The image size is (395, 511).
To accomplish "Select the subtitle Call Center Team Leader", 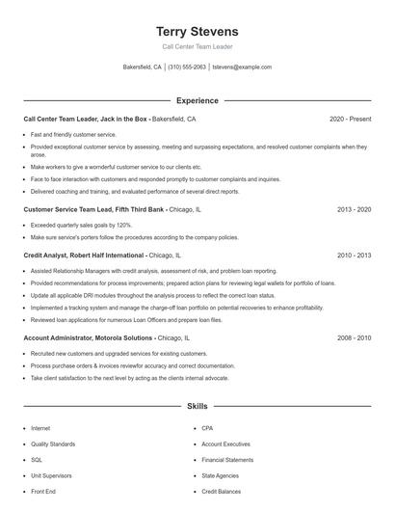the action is pyautogui.click(x=197, y=46).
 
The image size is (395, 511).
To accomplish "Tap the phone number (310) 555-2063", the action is pyautogui.click(x=187, y=67).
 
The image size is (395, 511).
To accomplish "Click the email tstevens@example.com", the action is pyautogui.click(x=242, y=67).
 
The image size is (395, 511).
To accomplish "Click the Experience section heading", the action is pyautogui.click(x=197, y=100).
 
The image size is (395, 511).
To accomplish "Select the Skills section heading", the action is pyautogui.click(x=197, y=407).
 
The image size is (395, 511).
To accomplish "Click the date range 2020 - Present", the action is pyautogui.click(x=350, y=120).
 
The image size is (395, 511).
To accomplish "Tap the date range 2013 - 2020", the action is pyautogui.click(x=354, y=209).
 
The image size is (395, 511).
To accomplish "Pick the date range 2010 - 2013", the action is pyautogui.click(x=354, y=255).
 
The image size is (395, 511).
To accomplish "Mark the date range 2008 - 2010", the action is pyautogui.click(x=354, y=338).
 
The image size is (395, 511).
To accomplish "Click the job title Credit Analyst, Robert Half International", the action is pyautogui.click(x=84, y=255).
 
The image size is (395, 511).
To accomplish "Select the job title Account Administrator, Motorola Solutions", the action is pyautogui.click(x=88, y=338).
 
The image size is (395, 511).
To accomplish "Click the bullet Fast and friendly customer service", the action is pyautogui.click(x=73, y=134).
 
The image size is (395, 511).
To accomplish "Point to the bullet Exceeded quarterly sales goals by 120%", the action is pyautogui.click(x=81, y=225).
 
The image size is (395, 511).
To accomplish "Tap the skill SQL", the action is pyautogui.click(x=37, y=460).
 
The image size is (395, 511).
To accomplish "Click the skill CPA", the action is pyautogui.click(x=207, y=428).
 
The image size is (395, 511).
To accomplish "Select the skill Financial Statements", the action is pyautogui.click(x=227, y=460).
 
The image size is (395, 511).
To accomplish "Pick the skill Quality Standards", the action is pyautogui.click(x=52, y=444).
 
